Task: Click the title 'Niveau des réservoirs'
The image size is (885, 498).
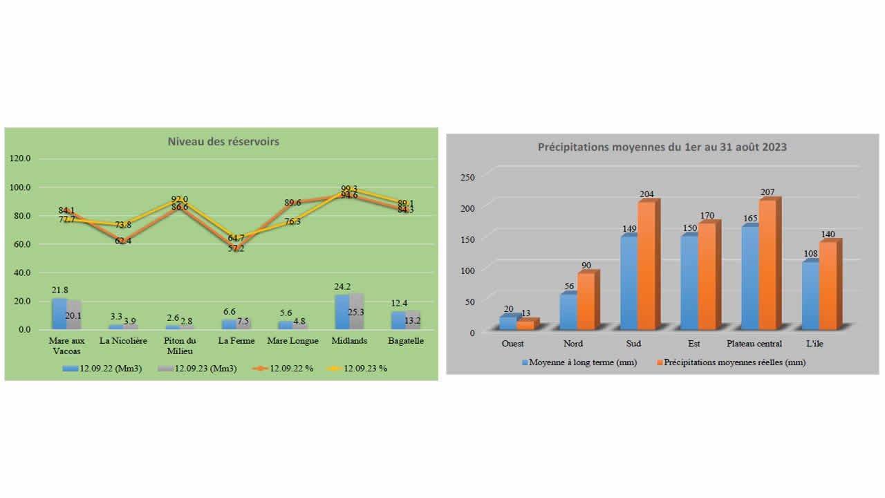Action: click(x=223, y=141)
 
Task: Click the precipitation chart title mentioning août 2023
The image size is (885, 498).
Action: click(x=662, y=147)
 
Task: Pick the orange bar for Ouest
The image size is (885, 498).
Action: click(x=525, y=324)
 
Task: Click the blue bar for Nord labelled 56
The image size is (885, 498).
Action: click(x=568, y=311)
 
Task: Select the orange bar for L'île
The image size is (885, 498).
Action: click(x=828, y=284)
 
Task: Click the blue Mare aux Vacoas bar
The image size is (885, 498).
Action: click(x=59, y=313)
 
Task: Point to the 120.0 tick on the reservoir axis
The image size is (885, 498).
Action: click(x=20, y=158)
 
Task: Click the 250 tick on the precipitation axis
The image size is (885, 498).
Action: click(x=468, y=177)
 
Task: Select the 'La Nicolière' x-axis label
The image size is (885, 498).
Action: click(x=123, y=341)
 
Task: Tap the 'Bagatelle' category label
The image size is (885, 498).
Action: click(x=406, y=341)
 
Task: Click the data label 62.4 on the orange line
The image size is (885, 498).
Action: click(x=123, y=241)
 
